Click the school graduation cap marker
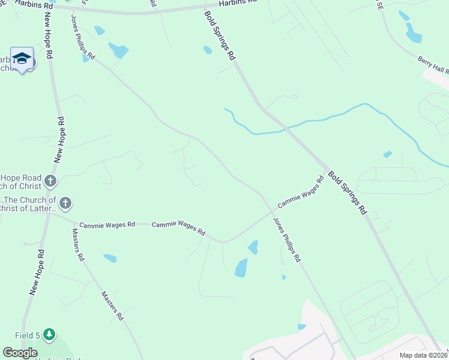[x=22, y=58]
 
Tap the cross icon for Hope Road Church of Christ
[x=50, y=181]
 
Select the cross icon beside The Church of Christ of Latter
[x=65, y=203]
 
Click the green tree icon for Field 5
[x=49, y=334]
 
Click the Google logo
[x=20, y=353]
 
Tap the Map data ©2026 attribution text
[x=423, y=355]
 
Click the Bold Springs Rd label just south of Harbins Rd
[x=220, y=35]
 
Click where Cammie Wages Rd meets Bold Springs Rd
[x=328, y=170]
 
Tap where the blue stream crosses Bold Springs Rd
[x=288, y=128]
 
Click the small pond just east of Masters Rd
[x=110, y=258]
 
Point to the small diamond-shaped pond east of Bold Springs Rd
[x=388, y=154]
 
